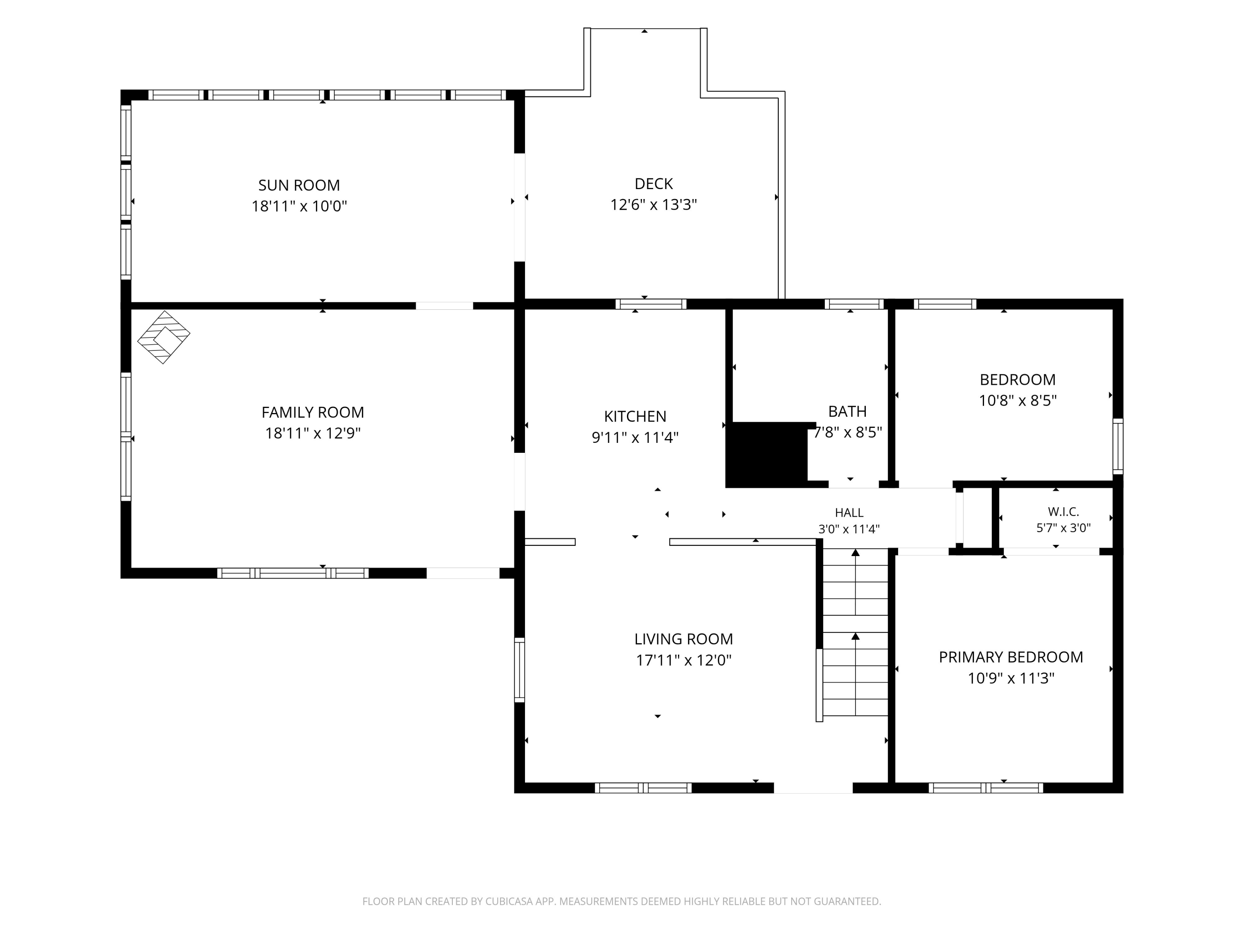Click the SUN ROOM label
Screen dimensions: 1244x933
click(x=299, y=185)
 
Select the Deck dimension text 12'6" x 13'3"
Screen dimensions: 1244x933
click(x=654, y=205)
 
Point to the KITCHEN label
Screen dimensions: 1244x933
click(x=635, y=416)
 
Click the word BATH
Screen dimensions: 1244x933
click(x=848, y=412)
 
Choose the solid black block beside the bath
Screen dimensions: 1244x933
click(x=767, y=454)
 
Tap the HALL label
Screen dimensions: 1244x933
click(x=849, y=513)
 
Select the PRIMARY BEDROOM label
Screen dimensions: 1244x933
click(x=1011, y=657)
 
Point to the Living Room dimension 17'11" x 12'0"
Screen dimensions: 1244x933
click(x=683, y=660)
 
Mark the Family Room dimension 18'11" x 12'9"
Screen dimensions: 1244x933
click(x=313, y=433)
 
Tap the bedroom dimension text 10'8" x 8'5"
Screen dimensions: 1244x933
click(x=1018, y=401)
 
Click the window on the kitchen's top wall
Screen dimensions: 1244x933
click(x=651, y=304)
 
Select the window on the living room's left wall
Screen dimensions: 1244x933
click(x=520, y=670)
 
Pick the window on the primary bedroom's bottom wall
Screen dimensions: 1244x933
click(x=986, y=788)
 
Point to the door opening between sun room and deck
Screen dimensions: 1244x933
click(x=520, y=207)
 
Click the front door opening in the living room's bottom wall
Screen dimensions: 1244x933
click(x=813, y=788)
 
